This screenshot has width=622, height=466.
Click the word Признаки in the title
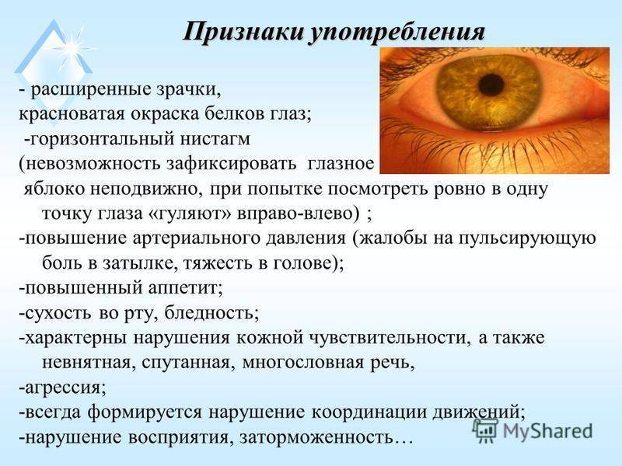pos(243,32)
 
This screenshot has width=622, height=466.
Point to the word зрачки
pos(192,90)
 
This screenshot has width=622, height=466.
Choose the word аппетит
pos(186,288)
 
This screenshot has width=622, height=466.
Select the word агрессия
pos(63,388)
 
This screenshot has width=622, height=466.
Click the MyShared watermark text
pos(547,430)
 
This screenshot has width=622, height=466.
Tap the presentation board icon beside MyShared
pos(485,430)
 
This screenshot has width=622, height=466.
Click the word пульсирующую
pos(528,239)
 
